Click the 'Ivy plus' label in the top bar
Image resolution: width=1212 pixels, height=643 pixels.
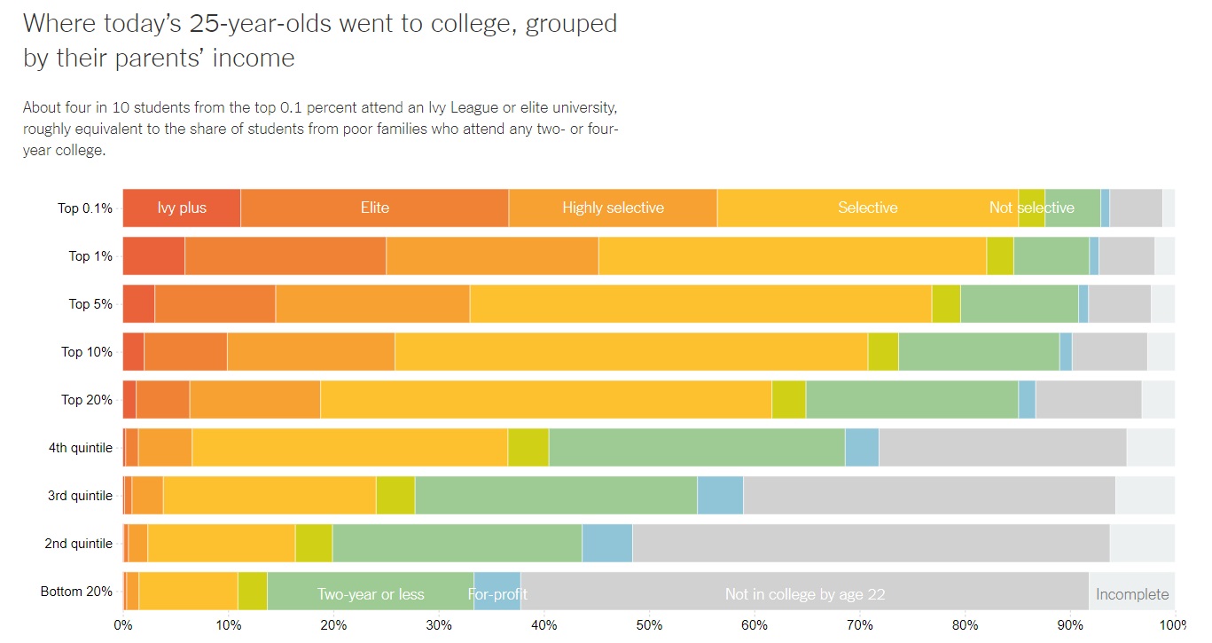[182, 208]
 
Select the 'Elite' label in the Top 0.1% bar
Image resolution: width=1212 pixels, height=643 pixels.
[374, 208]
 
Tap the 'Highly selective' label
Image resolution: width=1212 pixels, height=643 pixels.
[613, 208]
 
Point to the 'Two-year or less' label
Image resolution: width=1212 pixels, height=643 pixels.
[371, 594]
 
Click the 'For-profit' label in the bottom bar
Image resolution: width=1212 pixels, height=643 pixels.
[497, 594]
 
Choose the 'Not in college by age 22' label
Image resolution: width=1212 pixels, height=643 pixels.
[805, 594]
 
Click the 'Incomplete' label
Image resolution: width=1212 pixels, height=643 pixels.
[1132, 594]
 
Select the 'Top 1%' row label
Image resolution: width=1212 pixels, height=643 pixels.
[90, 256]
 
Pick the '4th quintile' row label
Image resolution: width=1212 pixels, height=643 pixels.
[80, 448]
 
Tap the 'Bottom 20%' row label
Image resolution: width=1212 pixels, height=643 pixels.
[76, 592]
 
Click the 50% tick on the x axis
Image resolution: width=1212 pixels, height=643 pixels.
[649, 625]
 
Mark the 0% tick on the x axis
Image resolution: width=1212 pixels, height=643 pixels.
[123, 625]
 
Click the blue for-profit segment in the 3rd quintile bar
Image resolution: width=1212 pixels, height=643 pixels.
[720, 496]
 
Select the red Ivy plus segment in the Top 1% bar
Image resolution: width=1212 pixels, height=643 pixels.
[153, 256]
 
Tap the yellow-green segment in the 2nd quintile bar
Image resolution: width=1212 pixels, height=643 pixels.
[314, 544]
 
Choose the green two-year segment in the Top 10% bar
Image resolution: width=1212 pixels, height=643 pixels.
[979, 352]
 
